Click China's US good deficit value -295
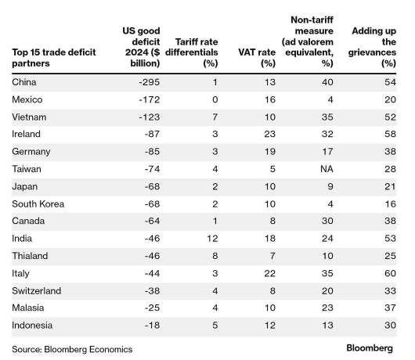(150, 82)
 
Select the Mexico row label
(27, 99)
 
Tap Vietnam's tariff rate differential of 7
(215, 117)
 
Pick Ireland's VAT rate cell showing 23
(269, 134)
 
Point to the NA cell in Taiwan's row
(327, 169)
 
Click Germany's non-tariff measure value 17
(327, 152)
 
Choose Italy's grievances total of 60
(391, 273)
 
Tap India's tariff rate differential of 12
(212, 239)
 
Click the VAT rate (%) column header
(257, 58)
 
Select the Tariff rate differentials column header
(192, 52)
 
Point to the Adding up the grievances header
(372, 47)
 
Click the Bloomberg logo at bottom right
(370, 348)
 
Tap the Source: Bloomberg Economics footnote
(72, 349)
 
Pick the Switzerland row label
(37, 290)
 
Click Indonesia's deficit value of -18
(152, 325)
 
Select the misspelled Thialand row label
(30, 256)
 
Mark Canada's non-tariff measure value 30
(327, 221)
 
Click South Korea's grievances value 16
(391, 204)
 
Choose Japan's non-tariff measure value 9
(330, 186)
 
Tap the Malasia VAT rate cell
(269, 308)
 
